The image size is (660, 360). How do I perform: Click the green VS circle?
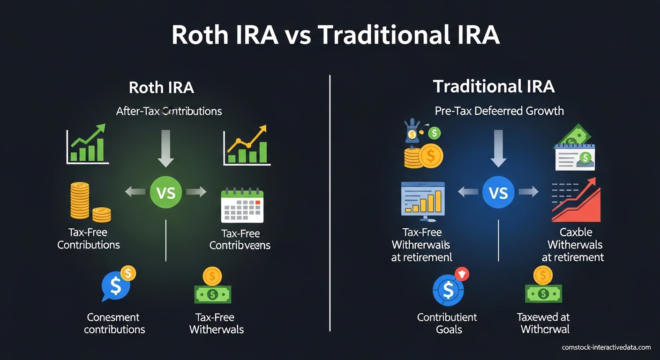165,192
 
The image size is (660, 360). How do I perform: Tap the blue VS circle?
498,192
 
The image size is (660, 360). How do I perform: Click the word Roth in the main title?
202,35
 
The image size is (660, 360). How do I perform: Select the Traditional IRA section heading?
494,87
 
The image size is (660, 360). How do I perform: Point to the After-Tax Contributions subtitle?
169,111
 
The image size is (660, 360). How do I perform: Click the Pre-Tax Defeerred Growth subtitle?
499,111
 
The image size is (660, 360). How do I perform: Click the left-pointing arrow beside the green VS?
135,191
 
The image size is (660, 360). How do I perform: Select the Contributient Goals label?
447,323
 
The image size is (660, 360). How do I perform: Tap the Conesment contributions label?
114,323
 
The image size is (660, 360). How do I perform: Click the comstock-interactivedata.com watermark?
606,347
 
